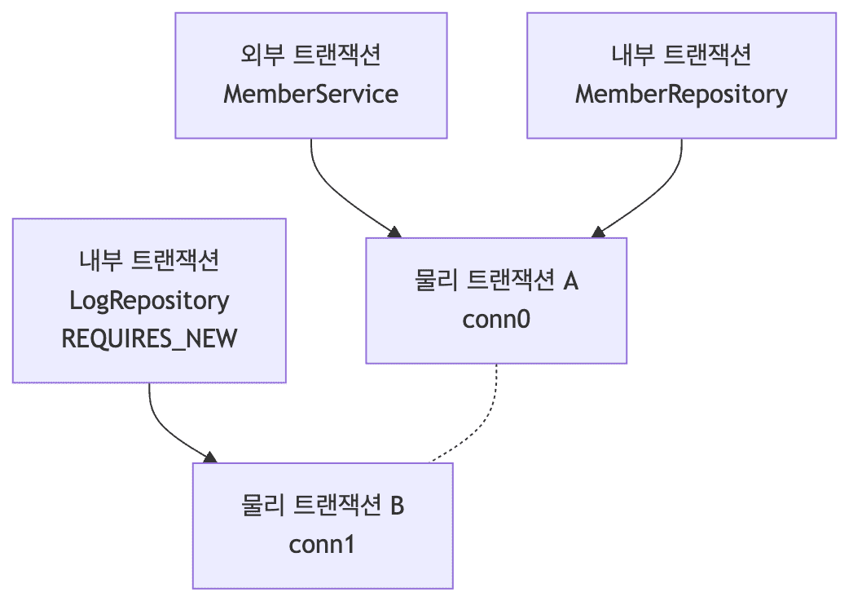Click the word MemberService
(x=310, y=94)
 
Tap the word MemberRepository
(x=681, y=94)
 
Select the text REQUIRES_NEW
(x=149, y=338)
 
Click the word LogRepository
(x=149, y=300)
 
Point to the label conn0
(x=496, y=319)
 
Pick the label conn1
(x=322, y=544)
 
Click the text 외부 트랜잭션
(x=310, y=55)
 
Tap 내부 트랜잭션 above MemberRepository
(x=681, y=55)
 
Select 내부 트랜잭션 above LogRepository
(x=149, y=261)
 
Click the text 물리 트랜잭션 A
(x=496, y=281)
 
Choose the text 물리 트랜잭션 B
(x=323, y=506)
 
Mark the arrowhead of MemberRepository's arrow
(x=599, y=232)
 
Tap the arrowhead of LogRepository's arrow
(x=210, y=457)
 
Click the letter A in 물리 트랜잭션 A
(x=570, y=281)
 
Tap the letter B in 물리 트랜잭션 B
(x=397, y=506)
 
